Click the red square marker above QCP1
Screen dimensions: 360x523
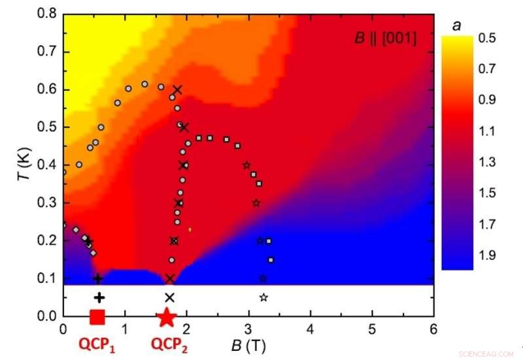click(x=97, y=317)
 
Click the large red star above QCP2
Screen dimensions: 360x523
click(x=167, y=318)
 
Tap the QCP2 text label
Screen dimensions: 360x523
click(x=169, y=342)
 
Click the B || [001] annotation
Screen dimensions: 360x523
click(x=385, y=39)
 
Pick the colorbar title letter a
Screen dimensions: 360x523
click(x=456, y=25)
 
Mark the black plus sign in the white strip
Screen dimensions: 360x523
click(x=99, y=297)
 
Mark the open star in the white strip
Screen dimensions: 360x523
click(x=263, y=297)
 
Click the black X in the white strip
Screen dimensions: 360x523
click(x=170, y=297)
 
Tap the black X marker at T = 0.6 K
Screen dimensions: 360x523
click(x=177, y=90)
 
